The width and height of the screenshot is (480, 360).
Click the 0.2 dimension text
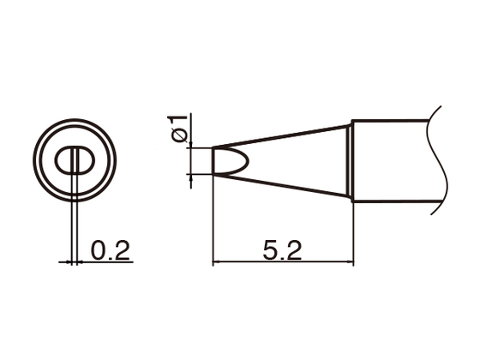109,249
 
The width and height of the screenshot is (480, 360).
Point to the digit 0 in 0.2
97,249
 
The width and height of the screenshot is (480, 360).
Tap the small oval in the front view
75,160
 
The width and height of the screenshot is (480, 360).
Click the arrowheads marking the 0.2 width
75,261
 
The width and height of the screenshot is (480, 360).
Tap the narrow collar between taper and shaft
351,160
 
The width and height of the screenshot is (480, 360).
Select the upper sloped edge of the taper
283,135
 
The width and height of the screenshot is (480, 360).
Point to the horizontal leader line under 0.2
107,261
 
